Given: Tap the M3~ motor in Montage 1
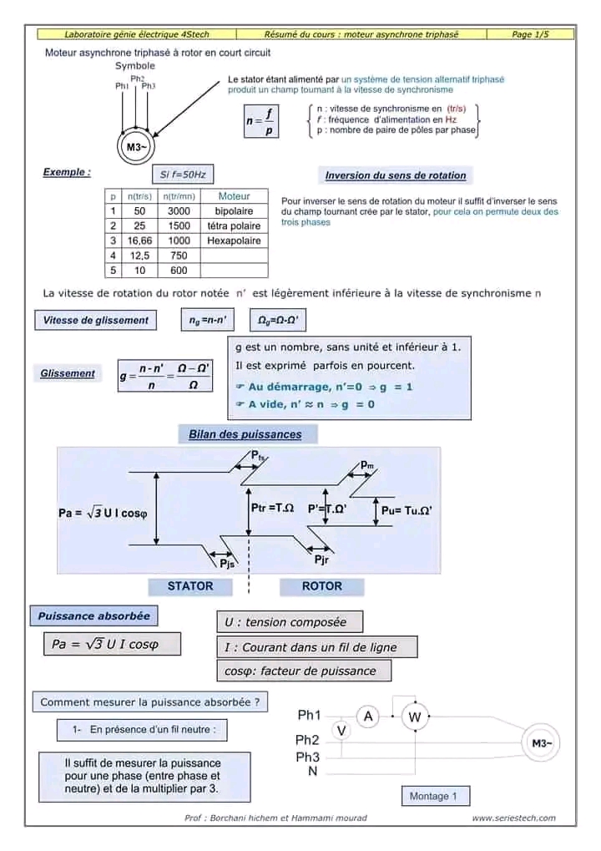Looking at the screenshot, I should pyautogui.click(x=540, y=743).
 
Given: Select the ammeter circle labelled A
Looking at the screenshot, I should pyautogui.click(x=368, y=715).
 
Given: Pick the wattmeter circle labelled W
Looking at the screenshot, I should pyautogui.click(x=414, y=717).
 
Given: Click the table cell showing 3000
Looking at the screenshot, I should pyautogui.click(x=179, y=211).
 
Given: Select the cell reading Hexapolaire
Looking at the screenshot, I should pyautogui.click(x=234, y=241).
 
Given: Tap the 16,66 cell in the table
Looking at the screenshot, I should pyautogui.click(x=139, y=241).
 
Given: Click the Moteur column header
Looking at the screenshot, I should pyautogui.click(x=234, y=196).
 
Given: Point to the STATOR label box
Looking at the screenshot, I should pyautogui.click(x=190, y=586).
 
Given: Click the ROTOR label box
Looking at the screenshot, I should pyautogui.click(x=321, y=586).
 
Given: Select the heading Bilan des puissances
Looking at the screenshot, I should pyautogui.click(x=245, y=434).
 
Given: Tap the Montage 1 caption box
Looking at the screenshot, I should pyautogui.click(x=434, y=796).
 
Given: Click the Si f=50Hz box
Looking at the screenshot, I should pyautogui.click(x=183, y=175).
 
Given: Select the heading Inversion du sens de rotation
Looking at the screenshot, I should pyautogui.click(x=396, y=175).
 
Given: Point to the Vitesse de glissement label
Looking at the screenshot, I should pyautogui.click(x=95, y=320).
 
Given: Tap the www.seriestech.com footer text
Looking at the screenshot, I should pyautogui.click(x=513, y=818).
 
